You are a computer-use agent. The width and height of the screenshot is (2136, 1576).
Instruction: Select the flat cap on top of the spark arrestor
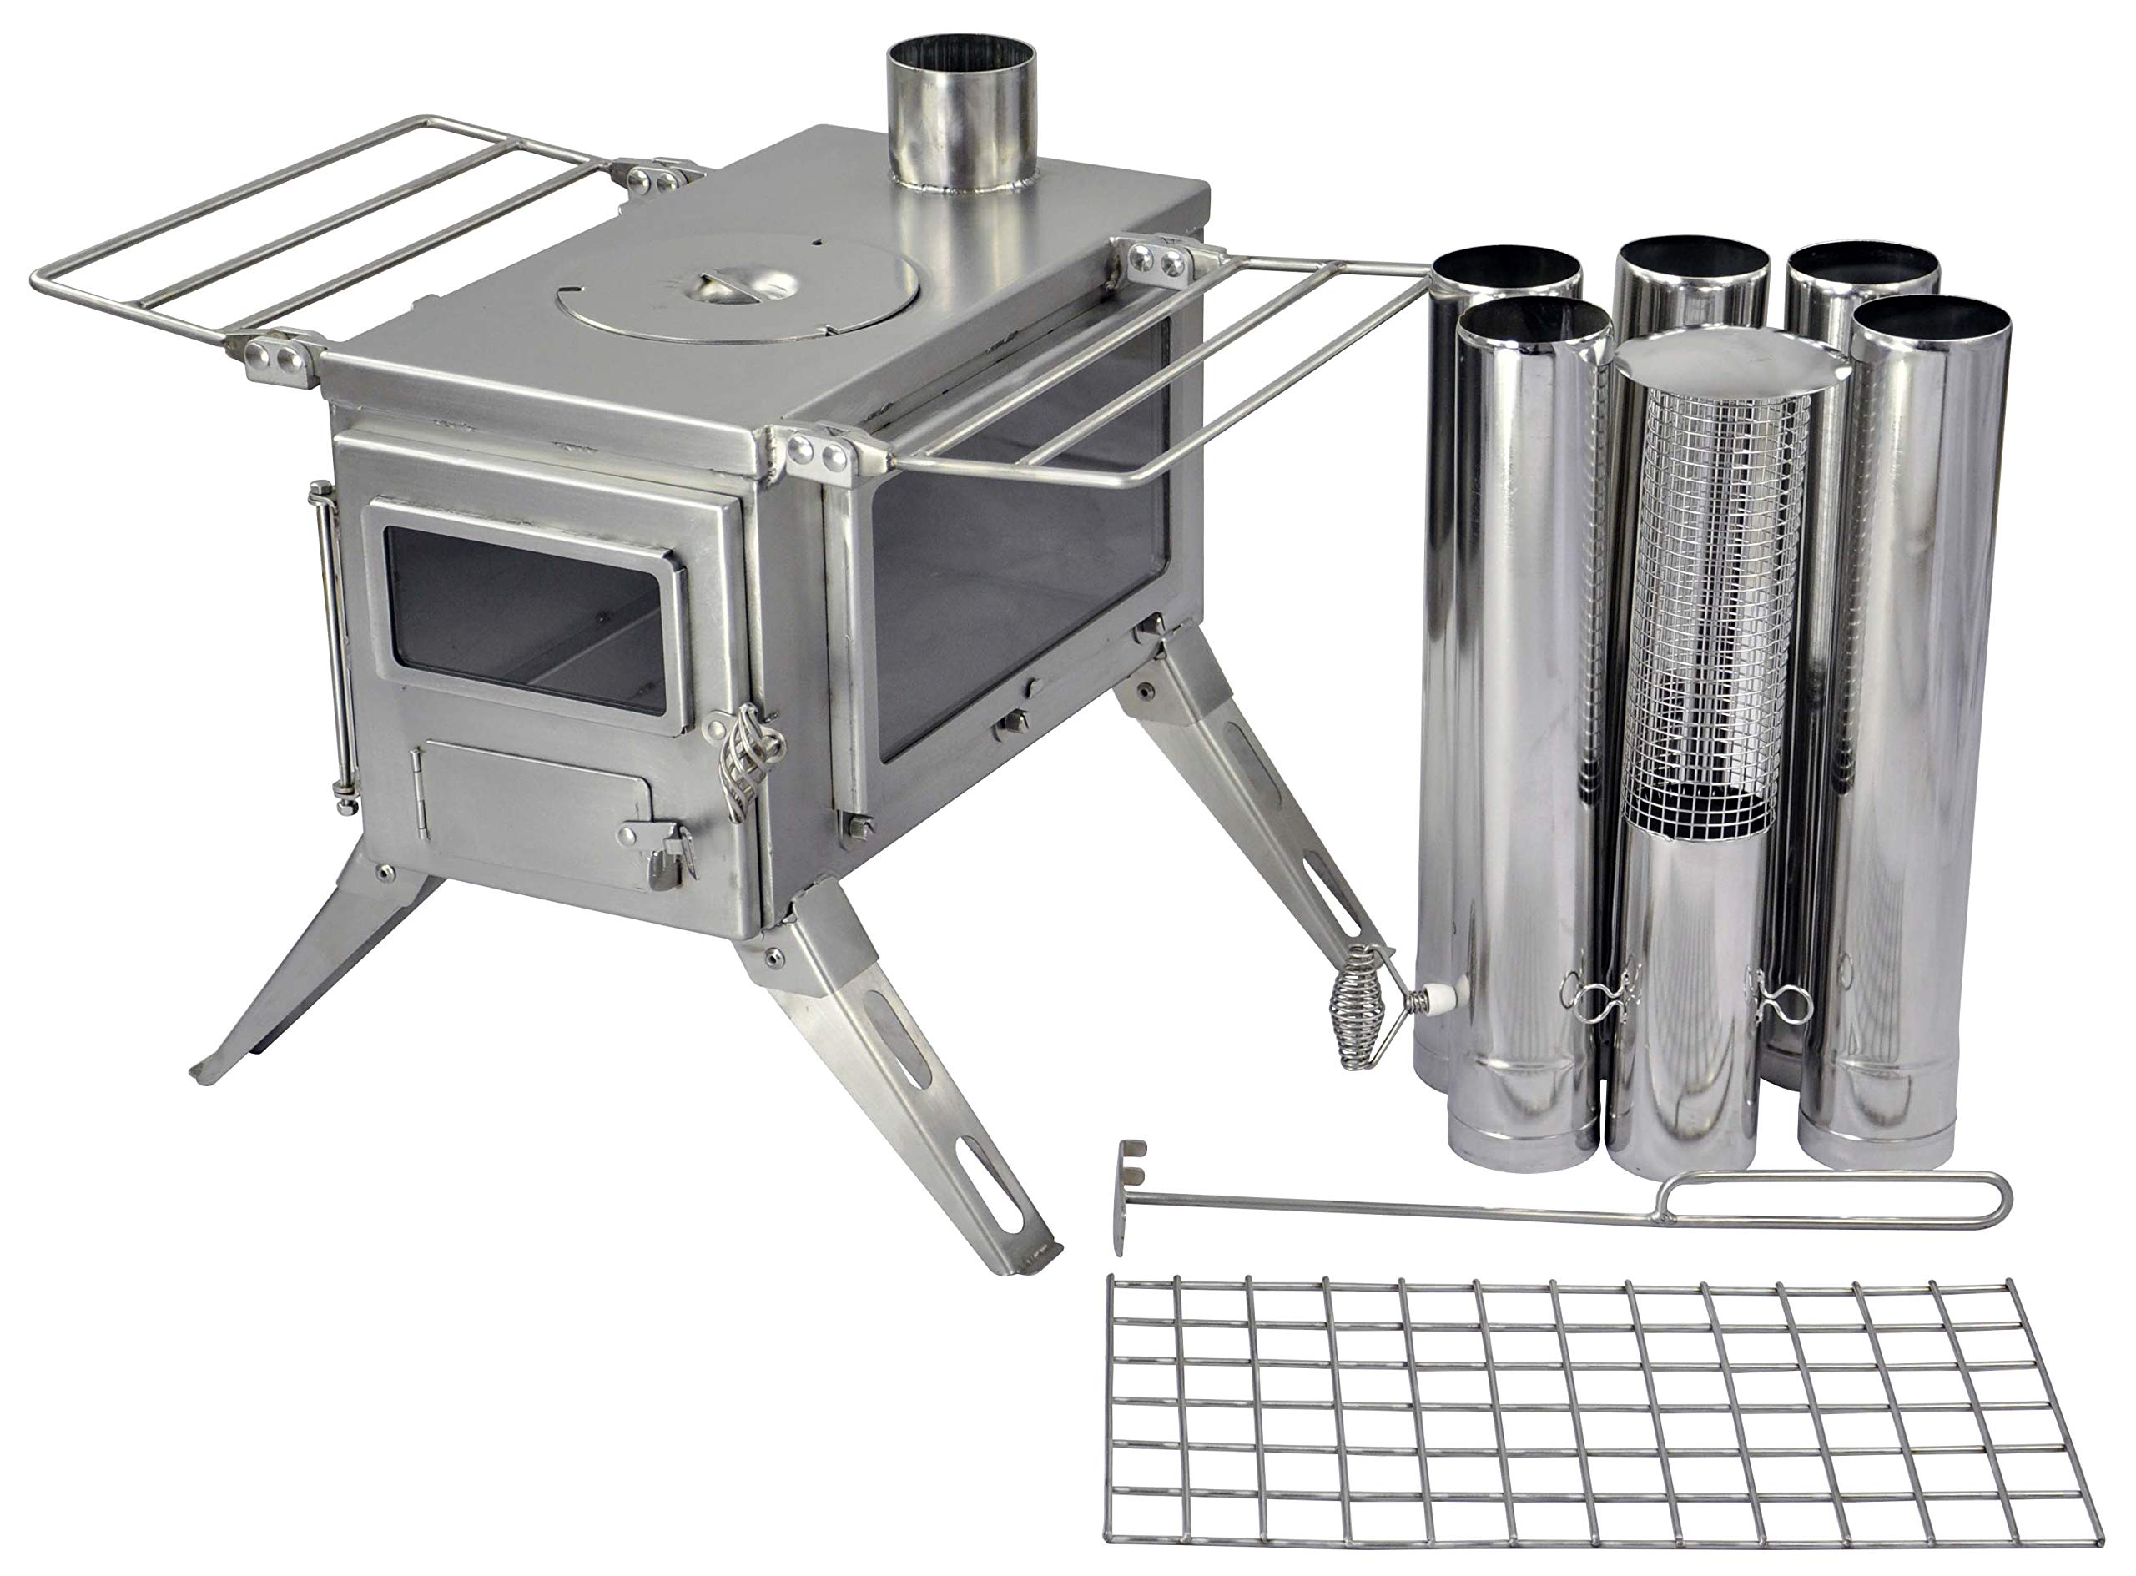(1726, 367)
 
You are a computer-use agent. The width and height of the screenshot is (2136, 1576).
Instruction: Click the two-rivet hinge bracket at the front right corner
(823, 453)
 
